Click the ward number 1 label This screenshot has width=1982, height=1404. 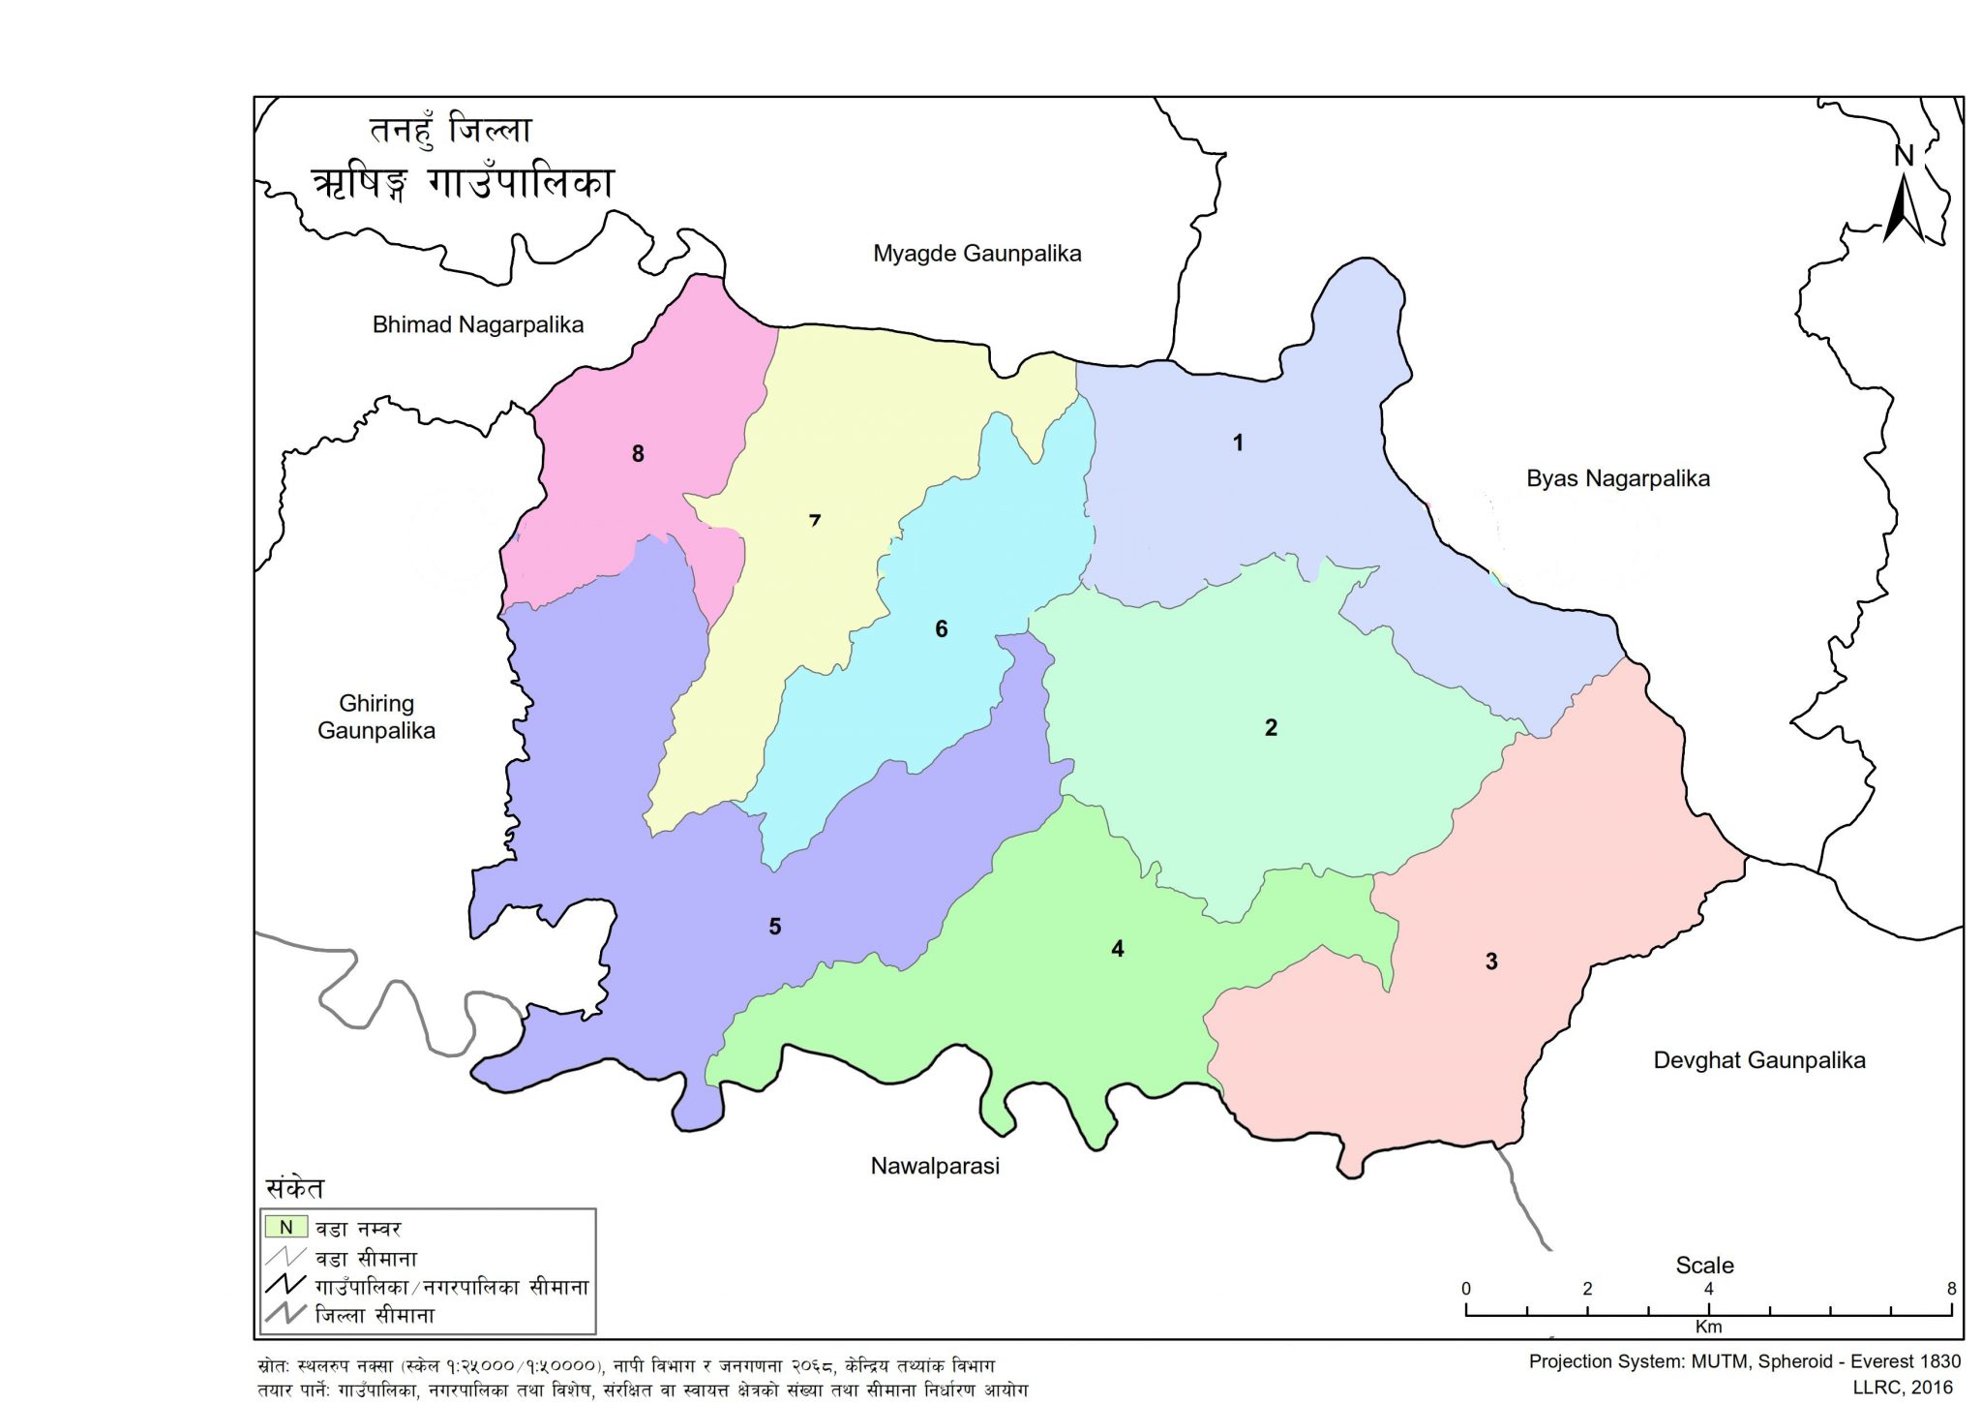coord(1237,443)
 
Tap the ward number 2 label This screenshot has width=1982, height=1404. coord(1271,727)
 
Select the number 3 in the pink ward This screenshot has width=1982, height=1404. coord(1491,961)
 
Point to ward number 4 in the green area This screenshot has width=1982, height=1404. coord(1118,949)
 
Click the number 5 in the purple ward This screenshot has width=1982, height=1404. coord(775,927)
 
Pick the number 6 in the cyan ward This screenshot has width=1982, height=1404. coord(942,629)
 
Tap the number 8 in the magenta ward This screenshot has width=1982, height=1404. coord(638,453)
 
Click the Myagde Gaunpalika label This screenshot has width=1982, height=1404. coord(976,254)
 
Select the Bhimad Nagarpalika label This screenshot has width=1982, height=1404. coord(478,325)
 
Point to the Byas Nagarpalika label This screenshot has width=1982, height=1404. coord(1617,478)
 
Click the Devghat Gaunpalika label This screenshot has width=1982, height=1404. coord(1758,1060)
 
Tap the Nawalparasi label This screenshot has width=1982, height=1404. coord(935,1166)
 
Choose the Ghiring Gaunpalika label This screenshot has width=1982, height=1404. coord(376,717)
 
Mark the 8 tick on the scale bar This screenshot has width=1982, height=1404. coord(1951,1289)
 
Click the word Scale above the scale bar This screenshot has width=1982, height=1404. coord(1704,1266)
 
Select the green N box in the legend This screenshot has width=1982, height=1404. coord(286,1228)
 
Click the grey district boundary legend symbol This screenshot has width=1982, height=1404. coord(286,1314)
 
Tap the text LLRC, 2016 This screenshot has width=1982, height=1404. coord(1903,1388)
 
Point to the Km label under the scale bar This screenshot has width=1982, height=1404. coord(1708,1327)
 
